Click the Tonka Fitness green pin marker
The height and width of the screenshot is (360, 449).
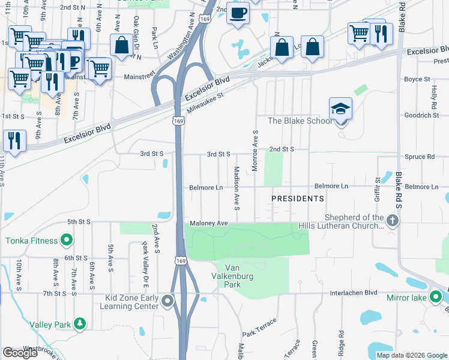click(67, 241)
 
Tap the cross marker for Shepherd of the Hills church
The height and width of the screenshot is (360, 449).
click(393, 221)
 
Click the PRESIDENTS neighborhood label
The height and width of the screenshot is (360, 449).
click(297, 198)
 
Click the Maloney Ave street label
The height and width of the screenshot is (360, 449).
click(209, 223)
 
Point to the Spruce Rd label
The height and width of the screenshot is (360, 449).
click(423, 157)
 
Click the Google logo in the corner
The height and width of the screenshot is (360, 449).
click(20, 353)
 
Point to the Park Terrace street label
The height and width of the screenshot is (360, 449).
click(259, 328)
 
